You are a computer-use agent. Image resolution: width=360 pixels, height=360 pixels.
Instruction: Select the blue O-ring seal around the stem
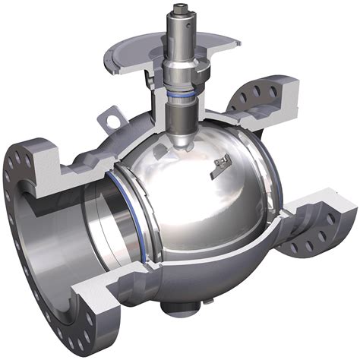[x=184, y=96]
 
